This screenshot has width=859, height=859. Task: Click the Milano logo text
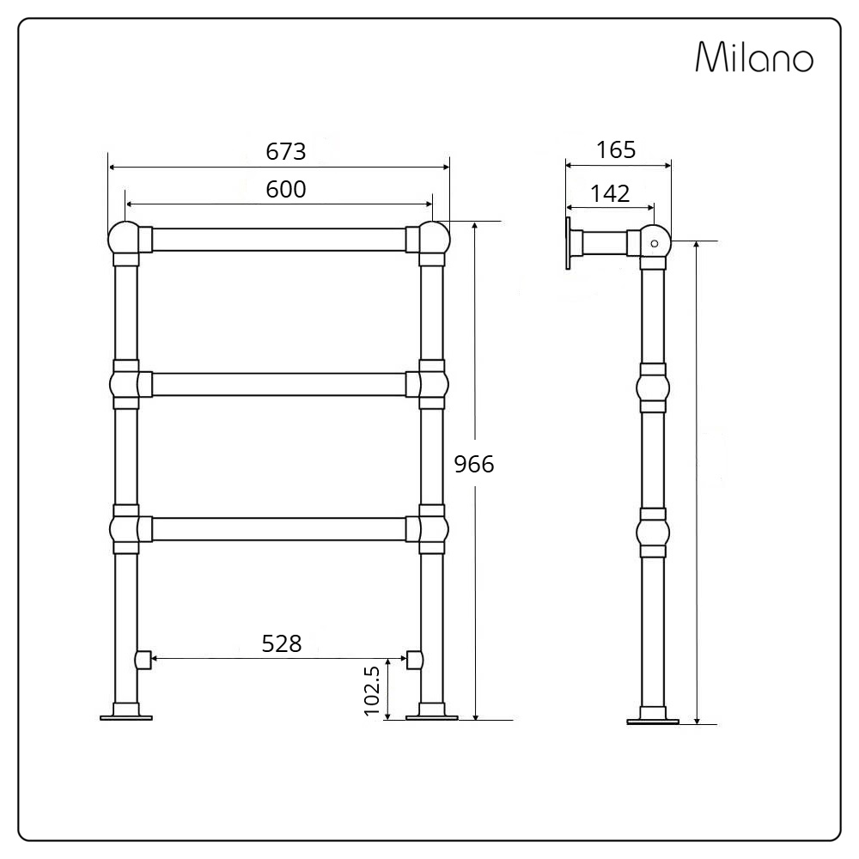click(x=753, y=58)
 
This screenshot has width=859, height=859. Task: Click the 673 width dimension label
click(x=285, y=151)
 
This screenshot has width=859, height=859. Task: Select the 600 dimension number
click(x=285, y=189)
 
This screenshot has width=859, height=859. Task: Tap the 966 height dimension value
click(x=474, y=464)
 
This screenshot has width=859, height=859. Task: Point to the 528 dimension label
click(x=282, y=643)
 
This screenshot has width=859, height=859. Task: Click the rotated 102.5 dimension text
click(x=372, y=689)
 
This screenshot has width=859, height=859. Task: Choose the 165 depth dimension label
click(x=616, y=149)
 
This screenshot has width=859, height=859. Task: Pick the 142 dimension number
click(x=610, y=193)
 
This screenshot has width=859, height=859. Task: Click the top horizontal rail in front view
click(x=278, y=240)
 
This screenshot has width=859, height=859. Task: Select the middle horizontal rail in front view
click(x=278, y=384)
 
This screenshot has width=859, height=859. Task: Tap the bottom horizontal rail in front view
click(x=278, y=528)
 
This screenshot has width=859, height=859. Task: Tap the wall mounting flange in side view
click(x=569, y=244)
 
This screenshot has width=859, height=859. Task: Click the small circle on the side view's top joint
click(x=655, y=244)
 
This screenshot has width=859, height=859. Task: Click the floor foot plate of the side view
click(x=653, y=721)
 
